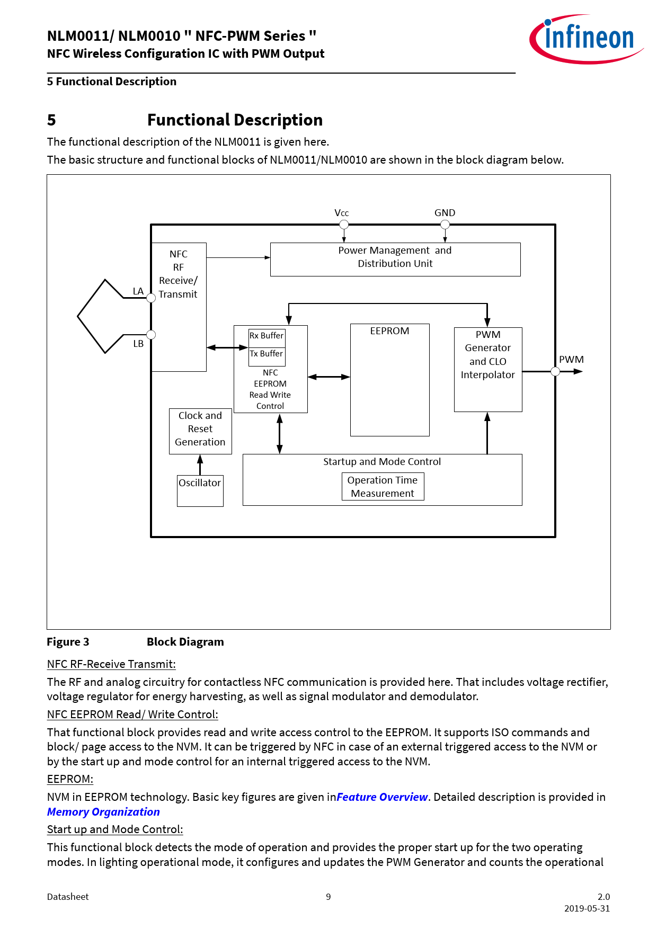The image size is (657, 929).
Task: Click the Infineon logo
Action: pyautogui.click(x=586, y=39)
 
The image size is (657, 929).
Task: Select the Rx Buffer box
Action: pyautogui.click(x=267, y=336)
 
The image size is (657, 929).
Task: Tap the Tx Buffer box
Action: pyautogui.click(x=267, y=354)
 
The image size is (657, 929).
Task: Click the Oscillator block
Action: pyautogui.click(x=200, y=490)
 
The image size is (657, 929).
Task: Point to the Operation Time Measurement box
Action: pyautogui.click(x=383, y=487)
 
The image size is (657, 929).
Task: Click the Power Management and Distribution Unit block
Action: pyautogui.click(x=395, y=259)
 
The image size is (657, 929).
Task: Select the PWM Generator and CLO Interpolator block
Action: pyautogui.click(x=488, y=369)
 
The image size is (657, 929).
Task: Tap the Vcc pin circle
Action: pyautogui.click(x=344, y=225)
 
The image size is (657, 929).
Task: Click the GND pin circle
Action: pyautogui.click(x=445, y=225)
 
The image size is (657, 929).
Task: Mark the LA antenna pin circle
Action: pyautogui.click(x=151, y=298)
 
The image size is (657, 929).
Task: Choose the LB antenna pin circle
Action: pyautogui.click(x=151, y=335)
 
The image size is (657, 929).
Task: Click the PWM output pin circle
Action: pyautogui.click(x=555, y=371)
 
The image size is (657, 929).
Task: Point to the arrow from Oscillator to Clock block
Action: pyautogui.click(x=200, y=465)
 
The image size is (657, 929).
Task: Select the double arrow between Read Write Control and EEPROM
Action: pyautogui.click(x=328, y=377)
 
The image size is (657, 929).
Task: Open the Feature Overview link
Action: pyautogui.click(x=382, y=797)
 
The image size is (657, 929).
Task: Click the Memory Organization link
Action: pyautogui.click(x=103, y=812)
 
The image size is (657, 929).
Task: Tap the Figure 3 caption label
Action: pyautogui.click(x=68, y=642)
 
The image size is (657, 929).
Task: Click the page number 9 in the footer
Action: pyautogui.click(x=328, y=897)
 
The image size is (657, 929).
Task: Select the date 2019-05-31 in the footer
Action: pyautogui.click(x=587, y=908)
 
